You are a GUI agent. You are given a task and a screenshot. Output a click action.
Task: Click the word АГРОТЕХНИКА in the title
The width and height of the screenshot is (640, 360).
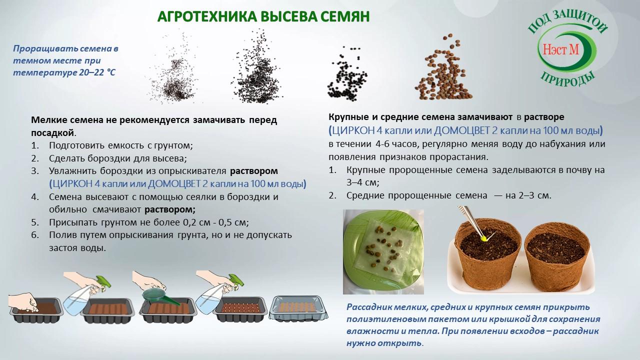(207, 17)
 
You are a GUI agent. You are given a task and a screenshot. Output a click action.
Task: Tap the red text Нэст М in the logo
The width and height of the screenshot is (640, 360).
(560, 49)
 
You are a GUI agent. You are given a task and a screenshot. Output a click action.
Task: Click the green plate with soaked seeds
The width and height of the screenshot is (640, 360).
(383, 252)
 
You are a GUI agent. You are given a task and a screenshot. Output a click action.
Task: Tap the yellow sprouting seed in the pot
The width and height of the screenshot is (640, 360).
(483, 237)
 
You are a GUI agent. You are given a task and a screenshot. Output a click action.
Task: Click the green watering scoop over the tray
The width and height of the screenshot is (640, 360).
(160, 297)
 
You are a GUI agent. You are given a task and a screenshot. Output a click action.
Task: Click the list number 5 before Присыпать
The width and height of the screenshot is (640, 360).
(34, 222)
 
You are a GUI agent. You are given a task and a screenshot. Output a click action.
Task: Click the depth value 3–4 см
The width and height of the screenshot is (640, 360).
(362, 182)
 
